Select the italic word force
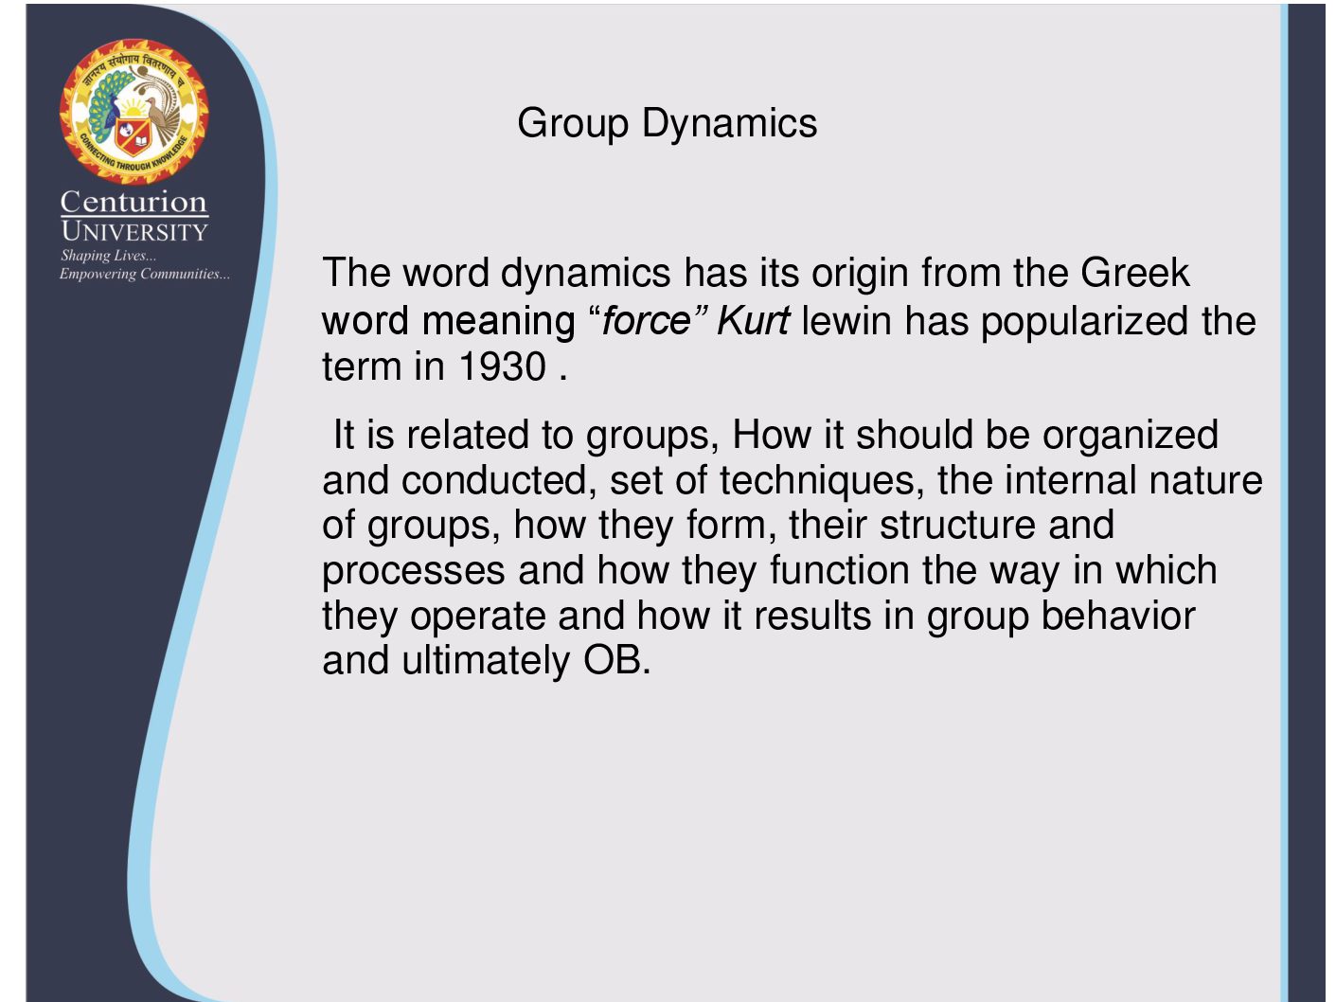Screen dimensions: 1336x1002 tap(646, 321)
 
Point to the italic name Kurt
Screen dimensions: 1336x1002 tap(754, 321)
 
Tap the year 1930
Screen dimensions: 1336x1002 tap(502, 367)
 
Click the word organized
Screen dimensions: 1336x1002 tap(1131, 437)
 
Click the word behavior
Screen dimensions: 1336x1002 tap(1118, 615)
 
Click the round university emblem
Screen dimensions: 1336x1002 tap(134, 112)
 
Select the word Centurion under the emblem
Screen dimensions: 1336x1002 tap(134, 202)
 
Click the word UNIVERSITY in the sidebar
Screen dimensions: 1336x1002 tap(134, 232)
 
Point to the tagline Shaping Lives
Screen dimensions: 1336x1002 tap(108, 256)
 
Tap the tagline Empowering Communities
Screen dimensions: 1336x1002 tap(145, 274)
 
